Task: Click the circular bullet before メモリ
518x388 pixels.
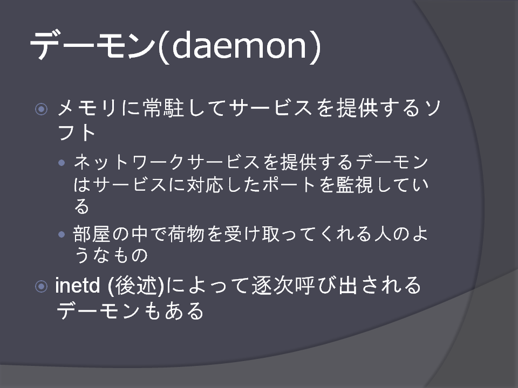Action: (x=42, y=109)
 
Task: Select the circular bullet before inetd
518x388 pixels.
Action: (x=42, y=286)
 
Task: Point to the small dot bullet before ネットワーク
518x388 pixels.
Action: (x=62, y=162)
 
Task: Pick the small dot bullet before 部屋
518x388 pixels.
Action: (x=62, y=234)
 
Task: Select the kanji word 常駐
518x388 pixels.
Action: (x=164, y=108)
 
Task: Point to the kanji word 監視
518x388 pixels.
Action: (x=355, y=185)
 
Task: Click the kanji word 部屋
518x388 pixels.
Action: (x=92, y=234)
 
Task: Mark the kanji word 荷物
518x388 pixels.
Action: (x=186, y=234)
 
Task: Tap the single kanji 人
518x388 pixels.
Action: (x=383, y=234)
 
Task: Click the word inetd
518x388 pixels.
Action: (x=77, y=286)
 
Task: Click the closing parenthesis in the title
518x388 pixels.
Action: (x=316, y=46)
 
